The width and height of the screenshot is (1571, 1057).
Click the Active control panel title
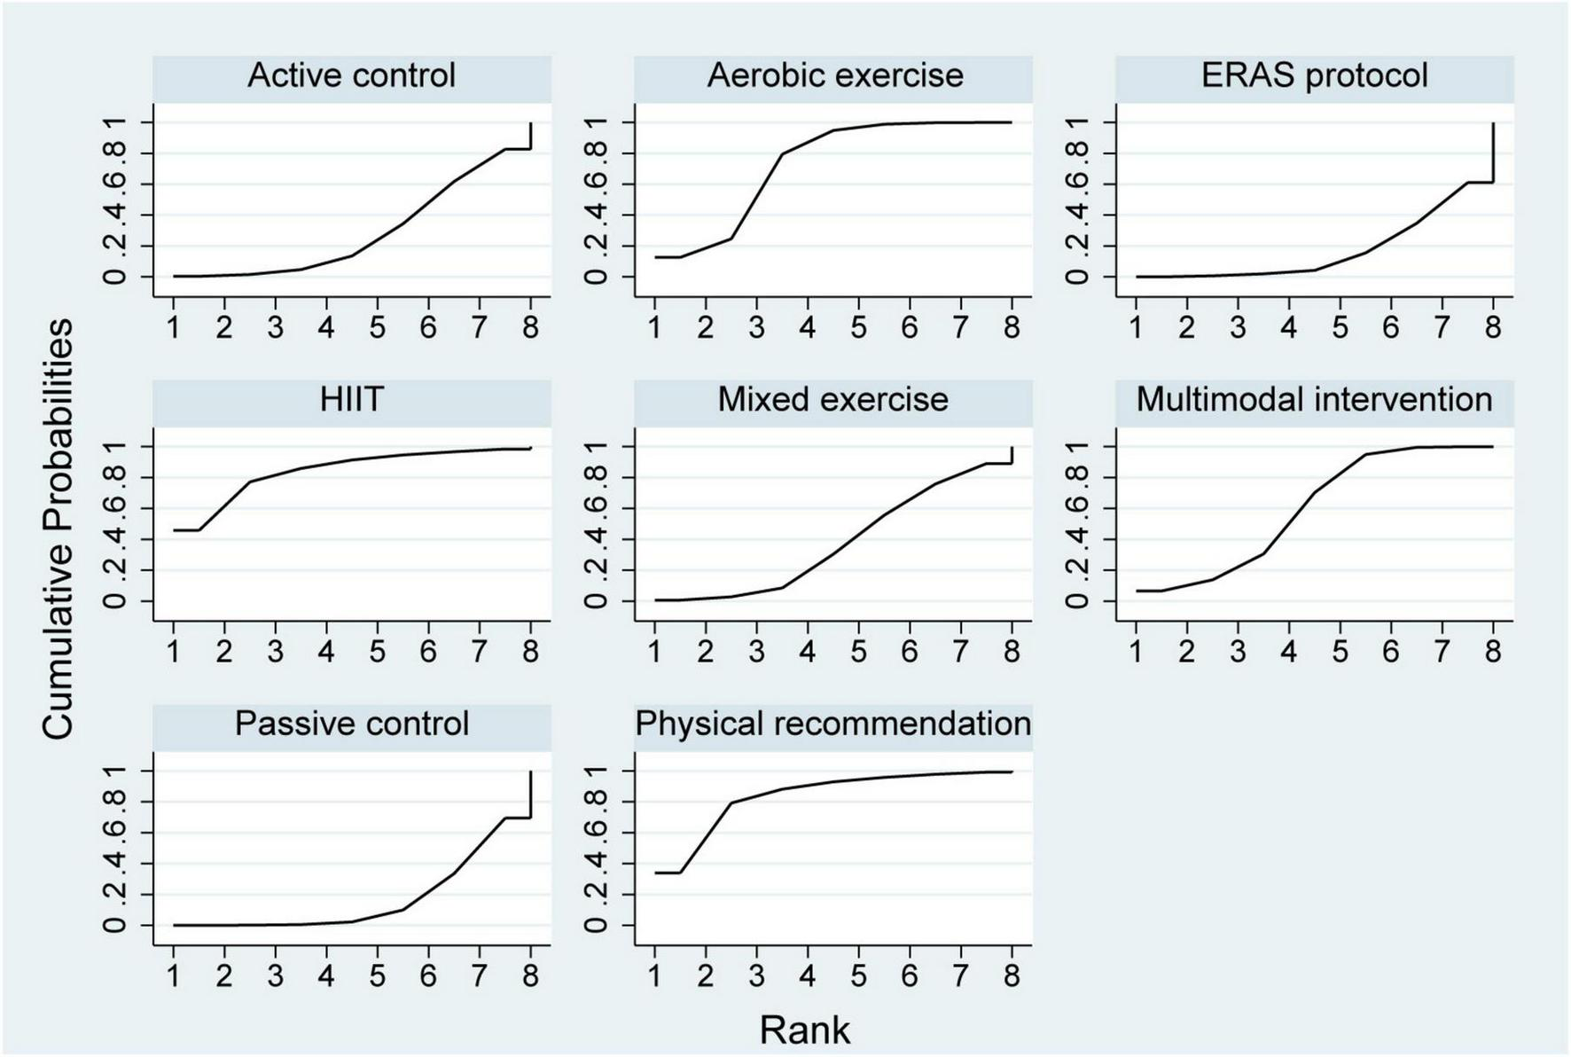(x=351, y=75)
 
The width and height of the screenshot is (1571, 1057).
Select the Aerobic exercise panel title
(x=834, y=75)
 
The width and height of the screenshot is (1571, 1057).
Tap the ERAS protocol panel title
(x=1315, y=75)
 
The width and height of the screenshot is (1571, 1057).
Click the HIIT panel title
(x=351, y=400)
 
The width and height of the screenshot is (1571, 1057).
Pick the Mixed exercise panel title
(x=832, y=400)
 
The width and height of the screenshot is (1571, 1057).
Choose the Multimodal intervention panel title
(x=1315, y=400)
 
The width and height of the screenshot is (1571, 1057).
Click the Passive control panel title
(x=351, y=724)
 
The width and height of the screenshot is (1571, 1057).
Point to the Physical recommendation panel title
(x=832, y=724)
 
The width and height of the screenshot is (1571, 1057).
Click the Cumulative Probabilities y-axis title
(x=59, y=529)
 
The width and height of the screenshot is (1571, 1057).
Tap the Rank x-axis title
(x=804, y=1030)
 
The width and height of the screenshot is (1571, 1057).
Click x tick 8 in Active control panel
(x=530, y=328)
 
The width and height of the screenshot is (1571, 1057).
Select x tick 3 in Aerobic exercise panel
(x=756, y=328)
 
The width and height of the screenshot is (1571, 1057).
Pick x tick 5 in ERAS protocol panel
(x=1340, y=328)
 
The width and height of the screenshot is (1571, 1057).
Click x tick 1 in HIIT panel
(x=174, y=653)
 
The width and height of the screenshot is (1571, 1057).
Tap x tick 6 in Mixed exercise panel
(x=910, y=653)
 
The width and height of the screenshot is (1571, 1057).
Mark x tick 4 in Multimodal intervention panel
(x=1289, y=653)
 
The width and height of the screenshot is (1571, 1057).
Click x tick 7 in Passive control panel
(x=480, y=976)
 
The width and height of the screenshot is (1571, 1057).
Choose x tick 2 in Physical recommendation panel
(x=706, y=976)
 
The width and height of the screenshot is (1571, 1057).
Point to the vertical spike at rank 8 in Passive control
(x=530, y=795)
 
